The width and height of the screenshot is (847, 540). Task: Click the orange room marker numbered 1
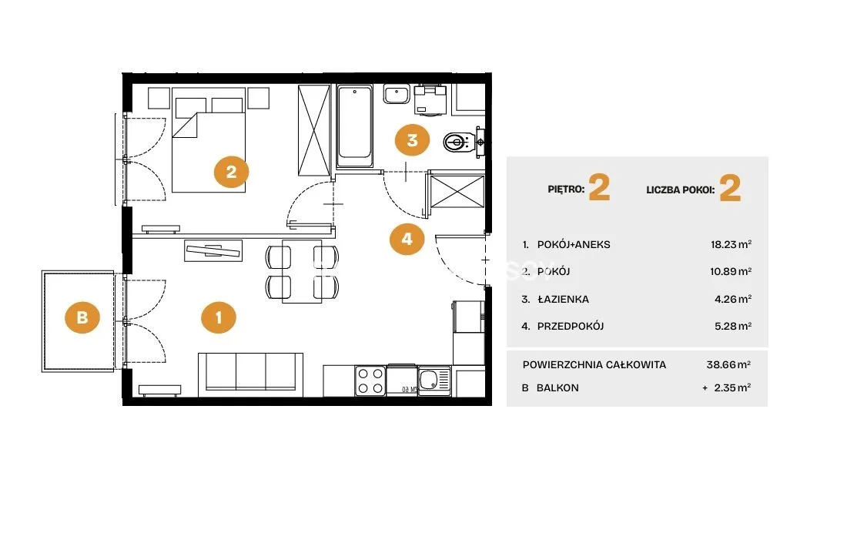tap(218, 317)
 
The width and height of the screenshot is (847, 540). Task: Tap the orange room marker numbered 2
tap(231, 172)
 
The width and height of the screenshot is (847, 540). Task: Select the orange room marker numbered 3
tap(412, 140)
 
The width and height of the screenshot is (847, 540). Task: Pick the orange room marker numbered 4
tap(407, 238)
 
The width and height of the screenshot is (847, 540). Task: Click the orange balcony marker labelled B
tap(82, 317)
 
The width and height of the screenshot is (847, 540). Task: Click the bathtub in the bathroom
tap(354, 126)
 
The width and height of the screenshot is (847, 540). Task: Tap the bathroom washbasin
tap(397, 94)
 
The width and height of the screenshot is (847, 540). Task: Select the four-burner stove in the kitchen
tap(370, 381)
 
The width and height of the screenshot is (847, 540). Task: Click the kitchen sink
tap(434, 380)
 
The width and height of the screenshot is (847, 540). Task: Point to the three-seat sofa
tap(251, 374)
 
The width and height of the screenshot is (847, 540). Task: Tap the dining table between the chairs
tap(302, 272)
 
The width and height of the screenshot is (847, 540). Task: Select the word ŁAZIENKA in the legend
tap(563, 299)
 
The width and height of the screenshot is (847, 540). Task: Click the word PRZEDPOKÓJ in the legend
tap(571, 326)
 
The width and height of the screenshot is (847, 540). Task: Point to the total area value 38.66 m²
tap(728, 364)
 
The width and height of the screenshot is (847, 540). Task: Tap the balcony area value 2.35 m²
tap(732, 387)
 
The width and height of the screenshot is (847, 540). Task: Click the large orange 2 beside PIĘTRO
tap(600, 188)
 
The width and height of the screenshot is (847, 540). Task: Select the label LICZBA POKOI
tap(681, 190)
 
